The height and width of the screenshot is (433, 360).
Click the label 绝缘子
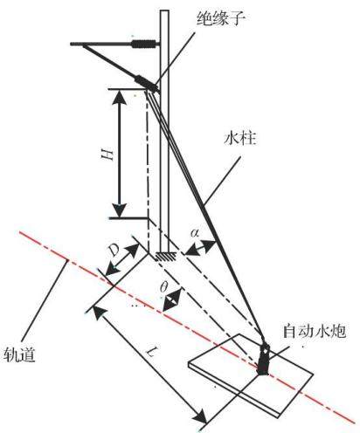220,19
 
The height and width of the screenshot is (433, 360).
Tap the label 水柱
240,138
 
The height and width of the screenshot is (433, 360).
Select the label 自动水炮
315,332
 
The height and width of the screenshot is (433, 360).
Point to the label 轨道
19,354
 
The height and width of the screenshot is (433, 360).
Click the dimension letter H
107,154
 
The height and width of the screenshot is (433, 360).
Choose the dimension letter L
151,353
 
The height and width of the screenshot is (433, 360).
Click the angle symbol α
195,232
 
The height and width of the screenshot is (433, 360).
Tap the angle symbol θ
163,287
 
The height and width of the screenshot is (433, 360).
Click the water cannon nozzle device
264,360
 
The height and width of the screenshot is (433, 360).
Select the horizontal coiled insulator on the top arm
142,44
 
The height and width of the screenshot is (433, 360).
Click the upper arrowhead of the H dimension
120,98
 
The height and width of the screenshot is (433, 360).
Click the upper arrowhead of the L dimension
100,313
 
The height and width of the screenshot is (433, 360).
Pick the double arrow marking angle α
200,248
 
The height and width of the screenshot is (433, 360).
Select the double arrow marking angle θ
172,299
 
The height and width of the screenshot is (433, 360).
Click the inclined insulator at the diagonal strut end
145,83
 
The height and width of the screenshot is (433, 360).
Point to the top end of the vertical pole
164,10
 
